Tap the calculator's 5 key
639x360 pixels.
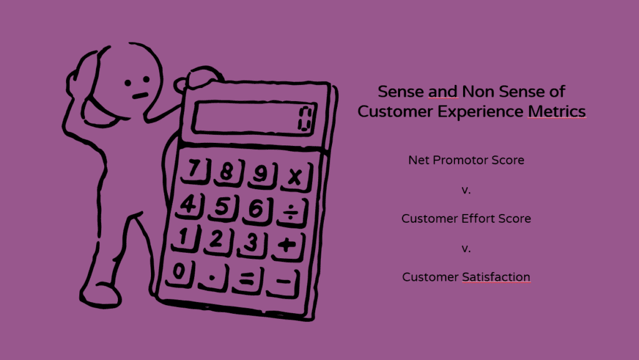point(223,208)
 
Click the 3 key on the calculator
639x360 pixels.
point(253,243)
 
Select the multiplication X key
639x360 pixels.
point(296,177)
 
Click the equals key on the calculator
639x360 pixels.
point(247,280)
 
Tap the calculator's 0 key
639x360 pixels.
point(179,271)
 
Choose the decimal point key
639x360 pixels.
point(213,277)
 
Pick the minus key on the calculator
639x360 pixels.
point(283,282)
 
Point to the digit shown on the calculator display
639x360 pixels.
point(306,119)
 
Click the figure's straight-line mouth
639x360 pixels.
point(140,96)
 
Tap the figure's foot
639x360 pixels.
point(100,295)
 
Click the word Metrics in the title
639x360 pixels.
point(557,111)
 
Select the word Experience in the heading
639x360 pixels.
point(480,112)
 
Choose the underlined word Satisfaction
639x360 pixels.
point(496,277)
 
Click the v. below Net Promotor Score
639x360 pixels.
point(466,190)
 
